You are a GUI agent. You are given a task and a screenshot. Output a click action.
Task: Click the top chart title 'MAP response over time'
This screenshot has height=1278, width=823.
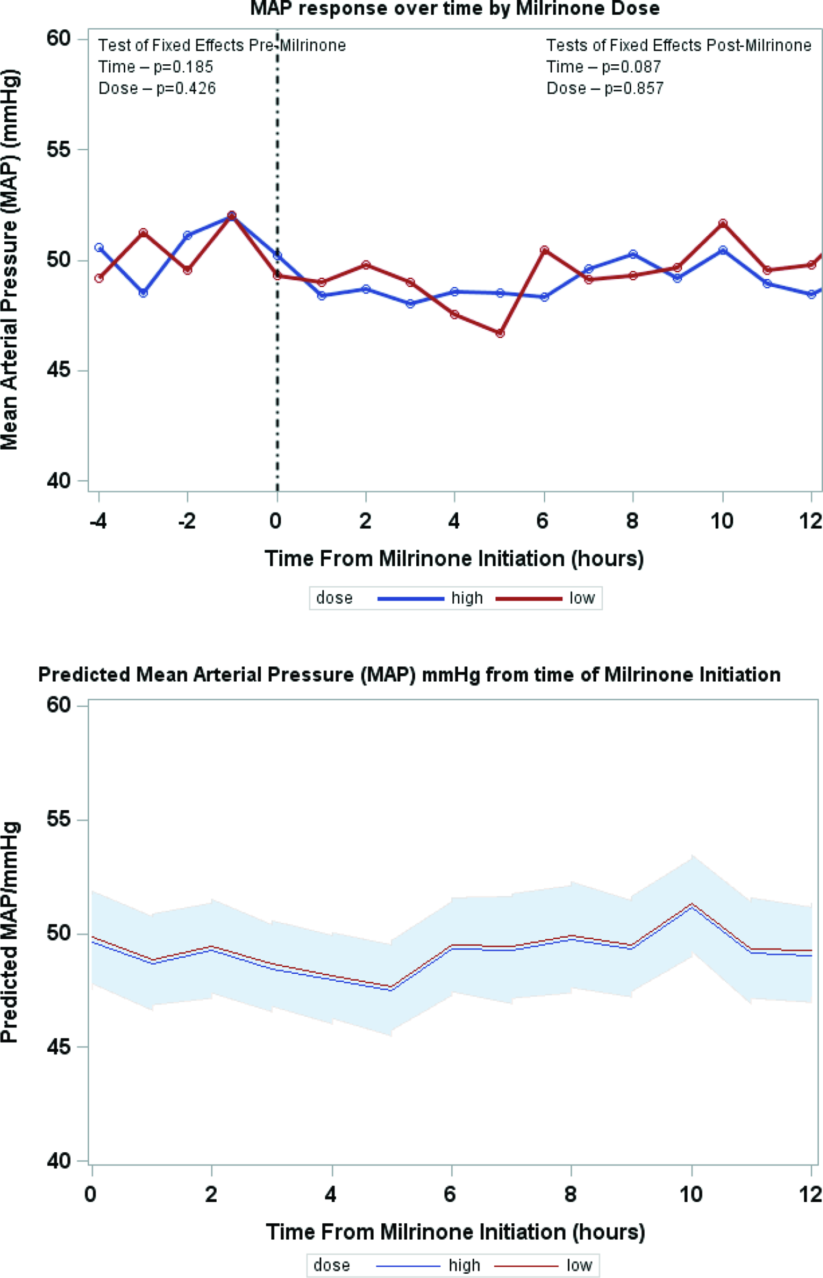click(x=455, y=8)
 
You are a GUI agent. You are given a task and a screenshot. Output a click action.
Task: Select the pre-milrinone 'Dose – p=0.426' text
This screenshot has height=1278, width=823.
click(x=157, y=88)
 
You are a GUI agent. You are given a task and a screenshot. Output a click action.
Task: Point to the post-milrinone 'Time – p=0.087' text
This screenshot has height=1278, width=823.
click(x=603, y=67)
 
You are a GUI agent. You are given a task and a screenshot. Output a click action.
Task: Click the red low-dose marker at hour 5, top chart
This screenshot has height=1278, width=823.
click(x=500, y=333)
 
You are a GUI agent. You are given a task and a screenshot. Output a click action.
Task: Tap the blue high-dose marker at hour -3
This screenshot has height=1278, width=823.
click(x=143, y=293)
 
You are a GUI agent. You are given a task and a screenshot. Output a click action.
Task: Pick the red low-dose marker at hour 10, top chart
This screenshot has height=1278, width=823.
click(x=723, y=224)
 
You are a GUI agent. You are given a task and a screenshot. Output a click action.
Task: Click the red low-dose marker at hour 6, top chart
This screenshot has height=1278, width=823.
click(x=544, y=250)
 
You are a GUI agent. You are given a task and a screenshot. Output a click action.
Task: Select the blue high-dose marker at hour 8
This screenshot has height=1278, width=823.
click(x=633, y=254)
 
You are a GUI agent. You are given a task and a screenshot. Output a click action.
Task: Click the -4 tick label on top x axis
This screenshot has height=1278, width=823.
click(x=98, y=520)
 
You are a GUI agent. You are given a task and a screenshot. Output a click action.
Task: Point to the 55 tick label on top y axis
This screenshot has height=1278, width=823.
click(x=58, y=149)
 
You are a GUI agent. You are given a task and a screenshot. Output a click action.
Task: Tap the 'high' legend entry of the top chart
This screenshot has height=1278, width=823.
click(x=467, y=598)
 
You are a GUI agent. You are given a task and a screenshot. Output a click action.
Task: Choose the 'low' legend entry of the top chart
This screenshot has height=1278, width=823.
click(x=581, y=598)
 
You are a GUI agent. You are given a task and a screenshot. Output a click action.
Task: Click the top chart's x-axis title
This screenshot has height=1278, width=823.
click(x=455, y=559)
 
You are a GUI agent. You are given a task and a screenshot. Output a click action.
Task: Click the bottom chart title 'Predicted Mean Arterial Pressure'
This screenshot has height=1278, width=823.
click(x=409, y=675)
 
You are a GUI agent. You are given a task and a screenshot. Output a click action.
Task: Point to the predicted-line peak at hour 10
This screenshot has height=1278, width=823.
click(x=692, y=905)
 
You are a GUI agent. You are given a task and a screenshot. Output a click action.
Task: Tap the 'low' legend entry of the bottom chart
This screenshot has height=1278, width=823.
click(x=579, y=1265)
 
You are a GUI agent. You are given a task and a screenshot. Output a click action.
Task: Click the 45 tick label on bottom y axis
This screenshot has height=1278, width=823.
click(x=58, y=1047)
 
